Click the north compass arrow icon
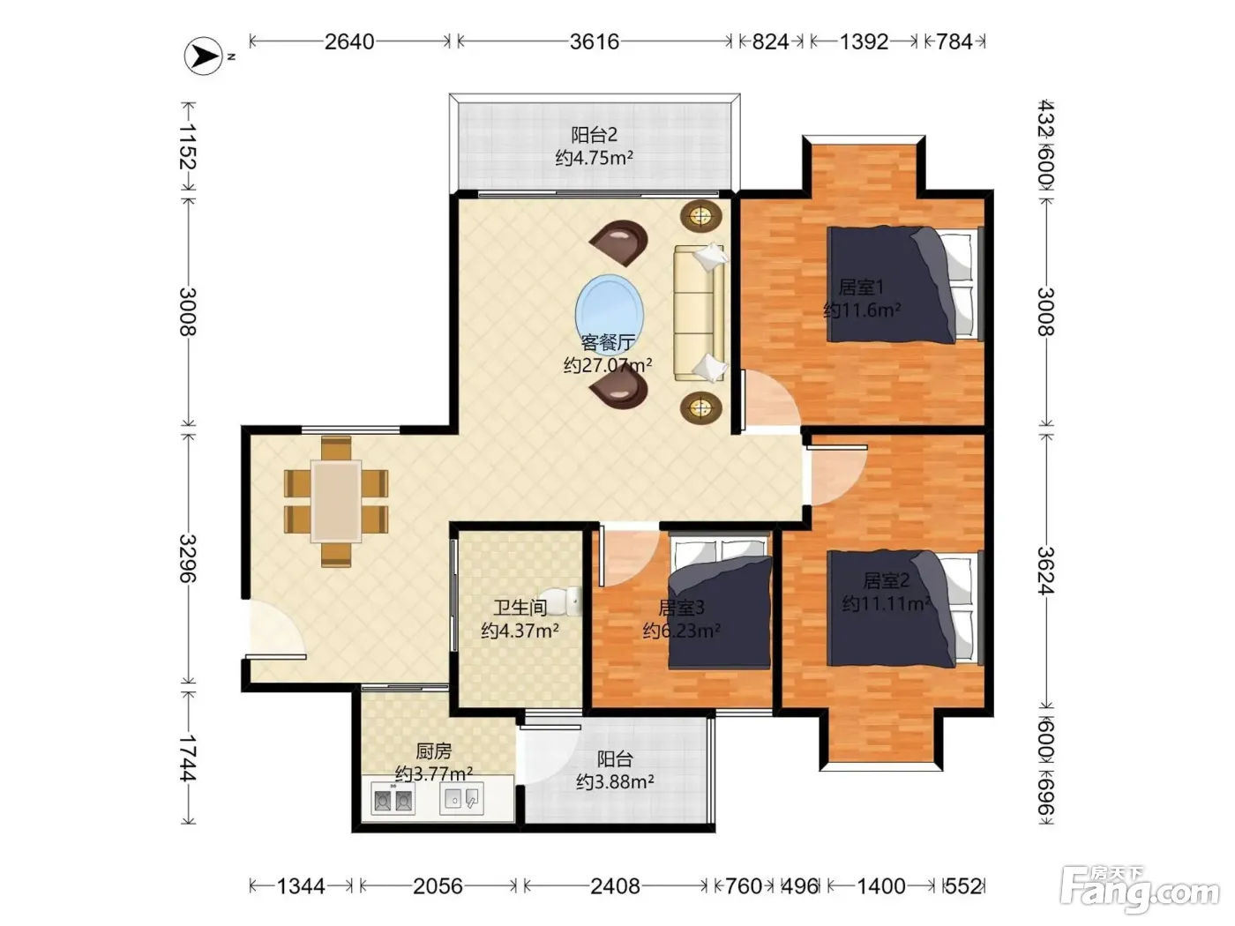204,56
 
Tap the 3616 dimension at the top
595,41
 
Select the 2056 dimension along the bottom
438,886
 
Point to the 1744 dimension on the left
187,758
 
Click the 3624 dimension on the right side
1046,570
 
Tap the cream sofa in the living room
700,312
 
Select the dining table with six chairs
336,502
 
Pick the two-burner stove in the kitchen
393,798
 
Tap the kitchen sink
461,798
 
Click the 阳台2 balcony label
595,135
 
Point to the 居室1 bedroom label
861,288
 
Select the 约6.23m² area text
681,631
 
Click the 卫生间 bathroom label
520,608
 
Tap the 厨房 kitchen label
433,751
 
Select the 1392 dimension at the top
864,41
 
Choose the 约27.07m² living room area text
608,365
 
